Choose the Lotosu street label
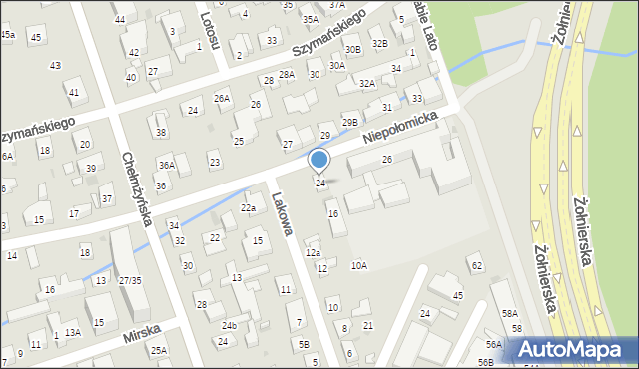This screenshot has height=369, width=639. [x=207, y=30]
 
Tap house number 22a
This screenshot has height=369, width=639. [x=249, y=207]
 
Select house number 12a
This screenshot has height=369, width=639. [x=313, y=253]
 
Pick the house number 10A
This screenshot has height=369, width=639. [x=358, y=265]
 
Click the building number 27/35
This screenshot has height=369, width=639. [x=130, y=280]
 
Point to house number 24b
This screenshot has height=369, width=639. [x=229, y=326]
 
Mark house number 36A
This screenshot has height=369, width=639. [x=167, y=166]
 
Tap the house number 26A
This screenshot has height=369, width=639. [x=221, y=98]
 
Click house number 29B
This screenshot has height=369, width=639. [x=349, y=122]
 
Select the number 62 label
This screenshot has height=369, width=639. [x=476, y=265]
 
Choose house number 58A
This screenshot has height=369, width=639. [x=510, y=313]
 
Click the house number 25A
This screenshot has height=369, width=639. [x=158, y=350]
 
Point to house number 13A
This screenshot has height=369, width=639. [x=72, y=333]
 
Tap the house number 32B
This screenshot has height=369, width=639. [x=379, y=44]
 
